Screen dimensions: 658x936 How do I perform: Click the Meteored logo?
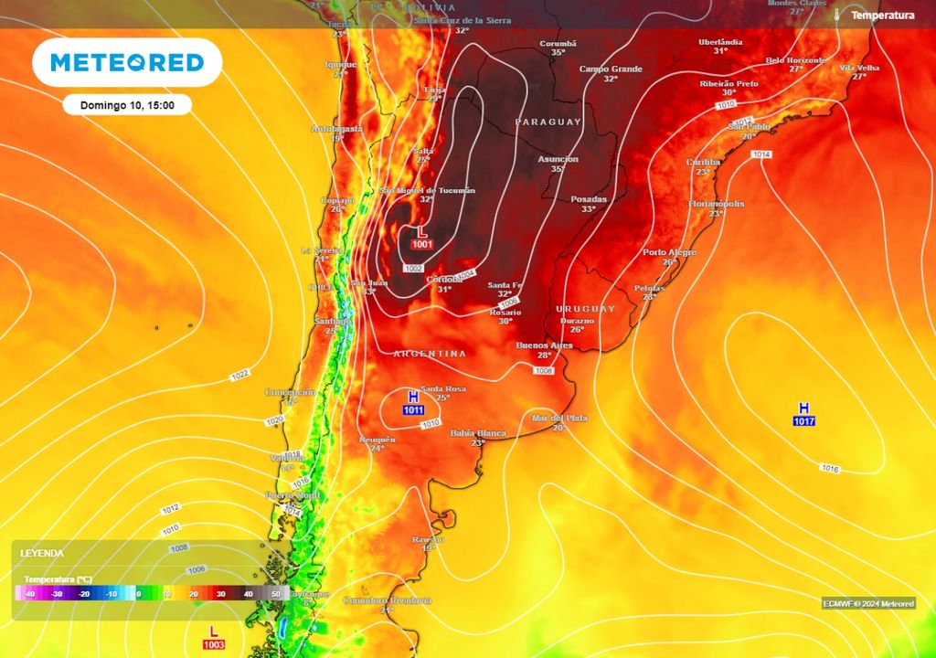click(x=127, y=62)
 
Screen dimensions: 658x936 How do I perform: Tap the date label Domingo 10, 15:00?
click(x=127, y=105)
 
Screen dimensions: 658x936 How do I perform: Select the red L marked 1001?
click(x=421, y=236)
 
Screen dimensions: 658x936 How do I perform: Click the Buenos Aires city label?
click(x=544, y=345)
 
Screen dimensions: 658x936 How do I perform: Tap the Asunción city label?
click(x=558, y=158)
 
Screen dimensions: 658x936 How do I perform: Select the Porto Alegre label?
click(x=669, y=252)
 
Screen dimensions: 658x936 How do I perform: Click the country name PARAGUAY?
click(x=548, y=122)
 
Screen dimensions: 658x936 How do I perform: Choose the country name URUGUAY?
click(x=586, y=309)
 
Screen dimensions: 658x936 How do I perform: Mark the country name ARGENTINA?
click(x=430, y=354)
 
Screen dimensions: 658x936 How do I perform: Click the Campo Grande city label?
click(x=611, y=69)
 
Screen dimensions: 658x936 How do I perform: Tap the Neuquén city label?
click(x=377, y=440)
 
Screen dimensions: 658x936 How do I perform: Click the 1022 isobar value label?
click(x=240, y=376)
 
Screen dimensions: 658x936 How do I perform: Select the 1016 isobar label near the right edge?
click(x=830, y=469)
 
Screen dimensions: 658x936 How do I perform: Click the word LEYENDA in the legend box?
click(x=42, y=554)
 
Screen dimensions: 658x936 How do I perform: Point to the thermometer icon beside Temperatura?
click(x=836, y=16)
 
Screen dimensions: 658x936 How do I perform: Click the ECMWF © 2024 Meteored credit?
click(x=867, y=603)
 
